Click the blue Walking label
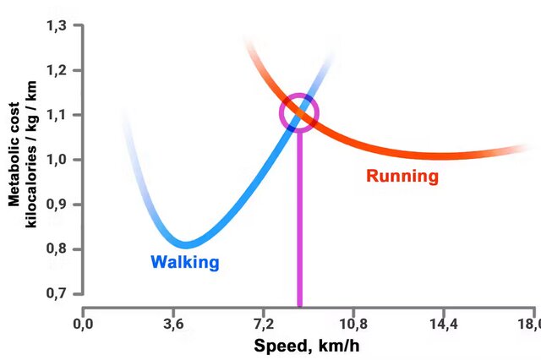(184, 262)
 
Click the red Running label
(402, 177)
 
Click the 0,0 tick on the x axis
(83, 324)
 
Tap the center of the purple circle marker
(299, 113)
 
